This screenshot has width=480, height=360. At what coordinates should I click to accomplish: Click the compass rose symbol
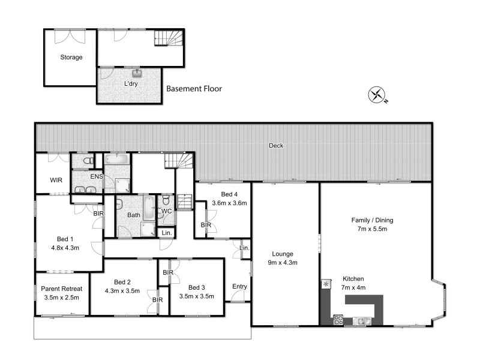tap(377, 95)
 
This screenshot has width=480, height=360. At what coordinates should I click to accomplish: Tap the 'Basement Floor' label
tap(194, 89)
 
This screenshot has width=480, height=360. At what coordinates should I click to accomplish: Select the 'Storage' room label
tap(71, 58)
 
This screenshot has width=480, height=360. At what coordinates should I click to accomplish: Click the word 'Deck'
tap(276, 146)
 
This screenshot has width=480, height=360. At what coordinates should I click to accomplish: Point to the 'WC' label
tap(166, 211)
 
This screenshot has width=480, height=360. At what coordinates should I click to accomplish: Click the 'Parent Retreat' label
tap(62, 288)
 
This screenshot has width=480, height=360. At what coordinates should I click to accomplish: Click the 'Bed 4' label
tap(230, 194)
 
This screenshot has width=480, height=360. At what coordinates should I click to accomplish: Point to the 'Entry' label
tap(239, 286)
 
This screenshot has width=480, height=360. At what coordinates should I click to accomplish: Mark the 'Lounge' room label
tap(281, 254)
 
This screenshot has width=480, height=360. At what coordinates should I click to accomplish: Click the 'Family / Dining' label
tap(372, 220)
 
